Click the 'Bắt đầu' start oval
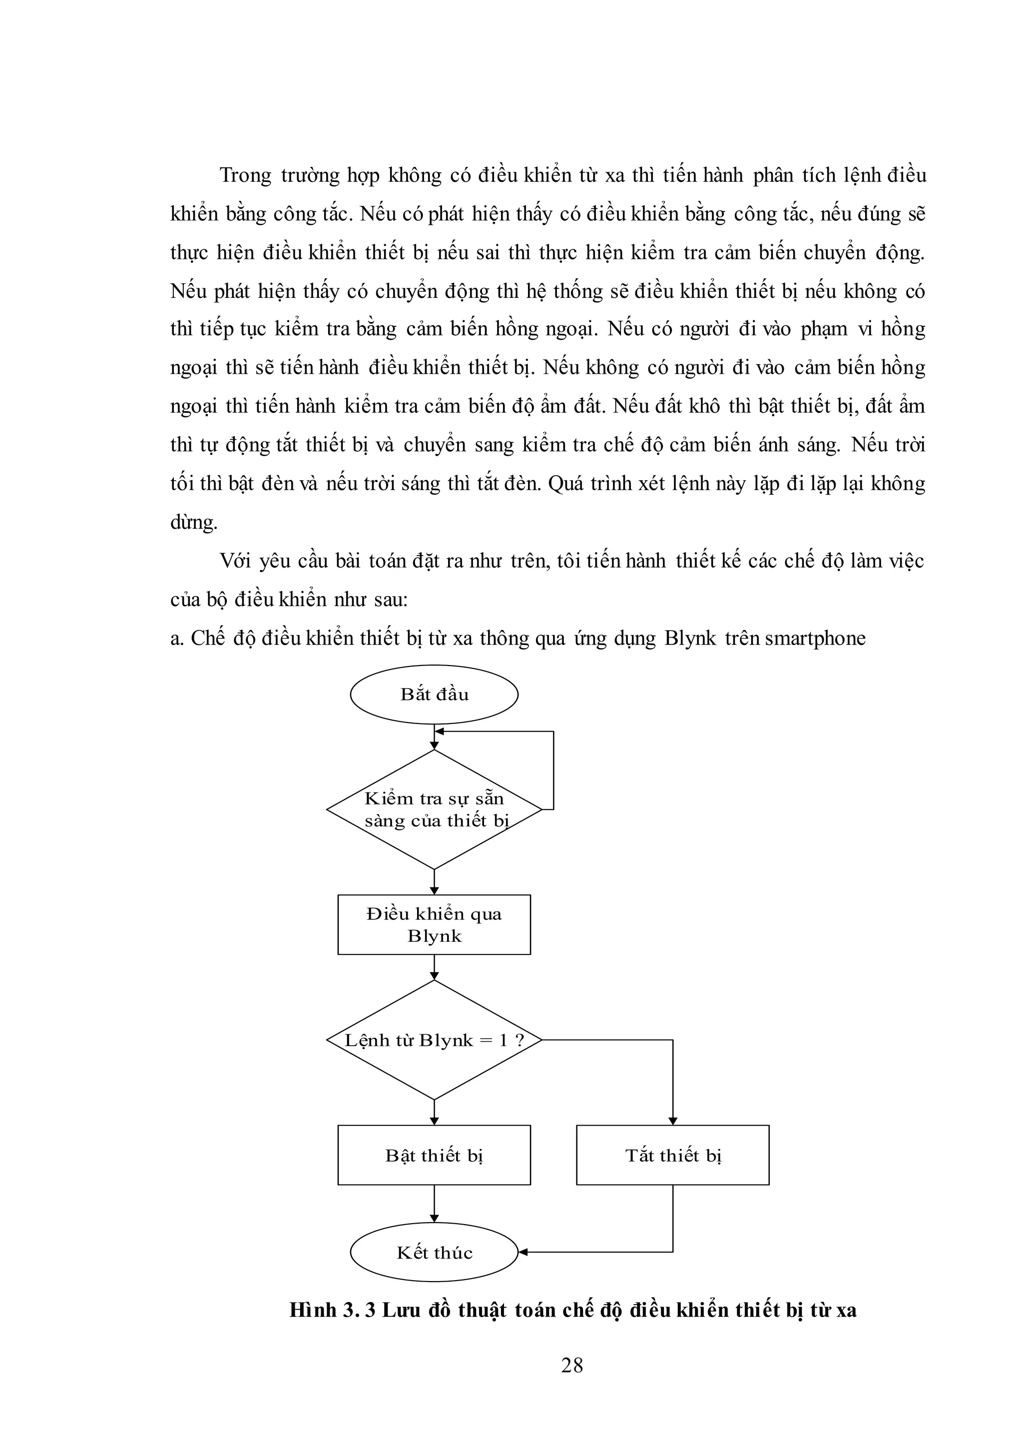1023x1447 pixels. coord(434,695)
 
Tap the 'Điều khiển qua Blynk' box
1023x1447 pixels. coord(434,924)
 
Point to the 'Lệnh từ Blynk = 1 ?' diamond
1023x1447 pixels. coord(434,1040)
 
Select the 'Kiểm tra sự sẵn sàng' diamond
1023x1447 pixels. coord(434,809)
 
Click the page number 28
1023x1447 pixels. coord(572,1365)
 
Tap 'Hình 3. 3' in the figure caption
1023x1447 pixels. coord(333,1310)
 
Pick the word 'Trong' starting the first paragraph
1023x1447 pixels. coord(245,175)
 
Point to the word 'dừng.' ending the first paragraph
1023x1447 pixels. coord(194,523)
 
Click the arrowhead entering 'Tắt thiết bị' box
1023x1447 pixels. coord(672,1121)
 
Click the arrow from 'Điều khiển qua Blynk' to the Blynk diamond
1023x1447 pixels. coord(434,967)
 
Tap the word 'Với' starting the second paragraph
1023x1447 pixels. coord(234,561)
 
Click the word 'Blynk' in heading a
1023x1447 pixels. coord(690,639)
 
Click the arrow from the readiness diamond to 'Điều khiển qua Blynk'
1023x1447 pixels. coord(434,882)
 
